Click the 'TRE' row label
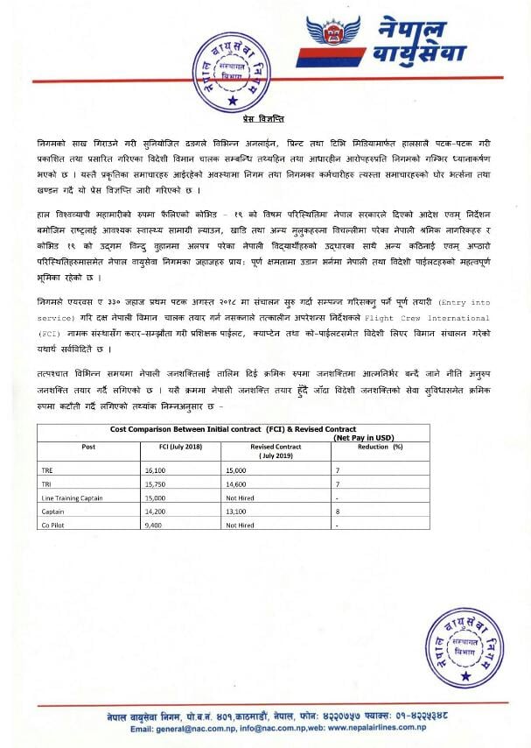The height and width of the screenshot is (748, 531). [x=47, y=469]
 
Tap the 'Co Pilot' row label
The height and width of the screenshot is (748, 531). [x=54, y=525]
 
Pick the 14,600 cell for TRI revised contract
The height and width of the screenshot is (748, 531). [x=238, y=483]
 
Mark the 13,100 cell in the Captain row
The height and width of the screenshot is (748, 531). [x=238, y=511]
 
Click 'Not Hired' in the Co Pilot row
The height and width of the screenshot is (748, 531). [x=240, y=525]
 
